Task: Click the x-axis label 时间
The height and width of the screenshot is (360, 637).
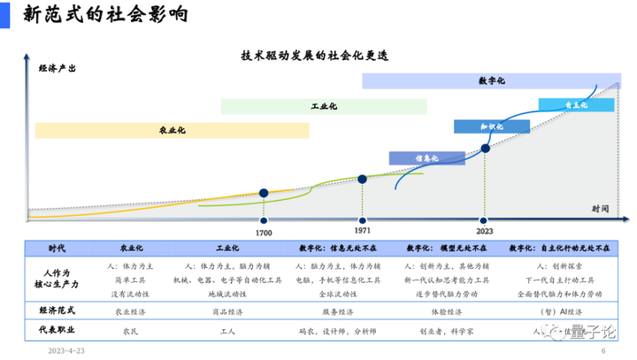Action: click(x=601, y=207)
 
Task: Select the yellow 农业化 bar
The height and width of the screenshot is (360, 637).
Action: click(x=172, y=130)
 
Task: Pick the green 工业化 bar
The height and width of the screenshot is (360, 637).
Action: click(x=324, y=106)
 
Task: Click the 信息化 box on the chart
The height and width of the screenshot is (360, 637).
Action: click(x=427, y=158)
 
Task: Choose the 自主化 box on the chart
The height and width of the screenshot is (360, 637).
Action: click(x=576, y=104)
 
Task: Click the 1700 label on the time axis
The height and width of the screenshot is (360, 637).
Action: click(x=264, y=231)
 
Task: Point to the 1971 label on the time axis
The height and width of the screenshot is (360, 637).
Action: click(x=362, y=231)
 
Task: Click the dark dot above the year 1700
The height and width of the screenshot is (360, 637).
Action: click(x=264, y=192)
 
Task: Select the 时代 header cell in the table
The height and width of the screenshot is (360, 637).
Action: click(x=56, y=249)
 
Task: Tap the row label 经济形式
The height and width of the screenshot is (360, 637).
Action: click(x=56, y=311)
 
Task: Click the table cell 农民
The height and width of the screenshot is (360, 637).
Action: click(x=130, y=332)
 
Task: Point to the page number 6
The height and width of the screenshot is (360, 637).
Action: click(x=602, y=350)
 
